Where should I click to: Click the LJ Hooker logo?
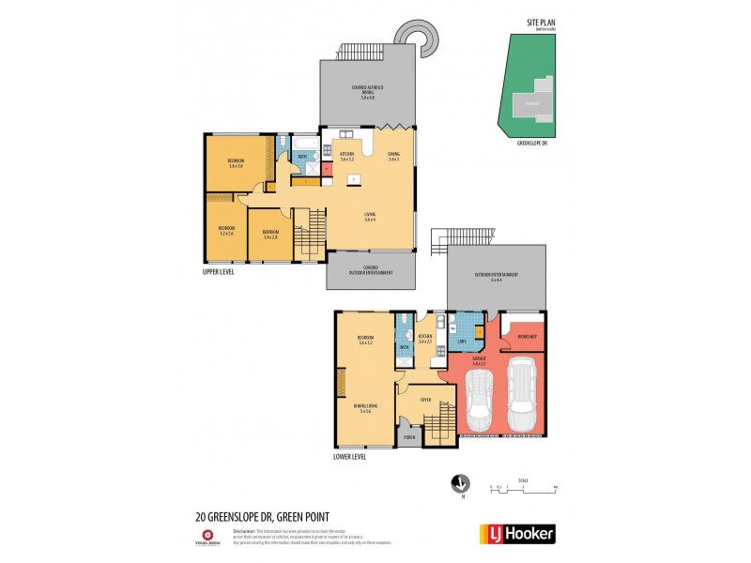coord(517,534)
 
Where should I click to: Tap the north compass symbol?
coord(460,482)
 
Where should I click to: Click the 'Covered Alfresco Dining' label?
coord(368,90)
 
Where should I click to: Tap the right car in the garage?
coord(521,395)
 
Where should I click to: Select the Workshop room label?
coord(526,335)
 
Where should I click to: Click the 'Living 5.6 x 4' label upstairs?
coord(370,218)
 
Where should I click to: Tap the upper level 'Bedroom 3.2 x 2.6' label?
coord(226,230)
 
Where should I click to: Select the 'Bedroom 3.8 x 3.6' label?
coord(235,163)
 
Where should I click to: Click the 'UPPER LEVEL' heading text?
coord(219,271)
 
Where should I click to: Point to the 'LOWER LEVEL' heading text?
coord(350,457)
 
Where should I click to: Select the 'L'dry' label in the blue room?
coord(461,341)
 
